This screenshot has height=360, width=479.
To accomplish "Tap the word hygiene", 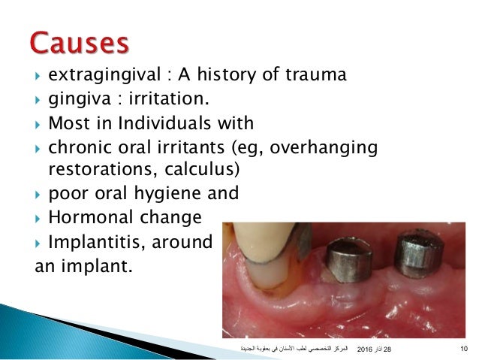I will pyautogui.click(x=178, y=193).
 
